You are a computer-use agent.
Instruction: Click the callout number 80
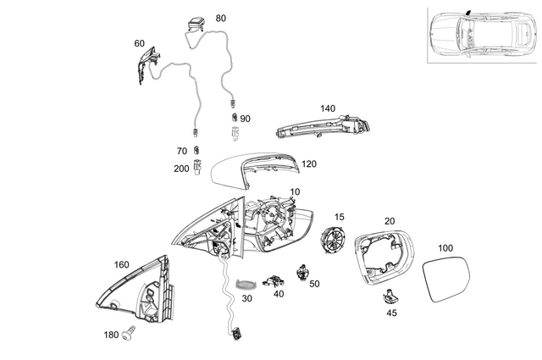tap(221, 18)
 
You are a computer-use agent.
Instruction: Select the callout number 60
tap(140, 43)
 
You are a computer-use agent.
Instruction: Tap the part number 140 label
tap(329, 109)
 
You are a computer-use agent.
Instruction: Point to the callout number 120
tap(309, 164)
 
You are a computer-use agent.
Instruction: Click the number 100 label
tap(445, 248)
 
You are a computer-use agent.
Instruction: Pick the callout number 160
tap(122, 265)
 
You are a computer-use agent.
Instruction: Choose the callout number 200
tap(181, 169)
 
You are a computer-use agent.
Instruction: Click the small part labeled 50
tap(303, 273)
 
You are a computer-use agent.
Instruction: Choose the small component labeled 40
tap(274, 281)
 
